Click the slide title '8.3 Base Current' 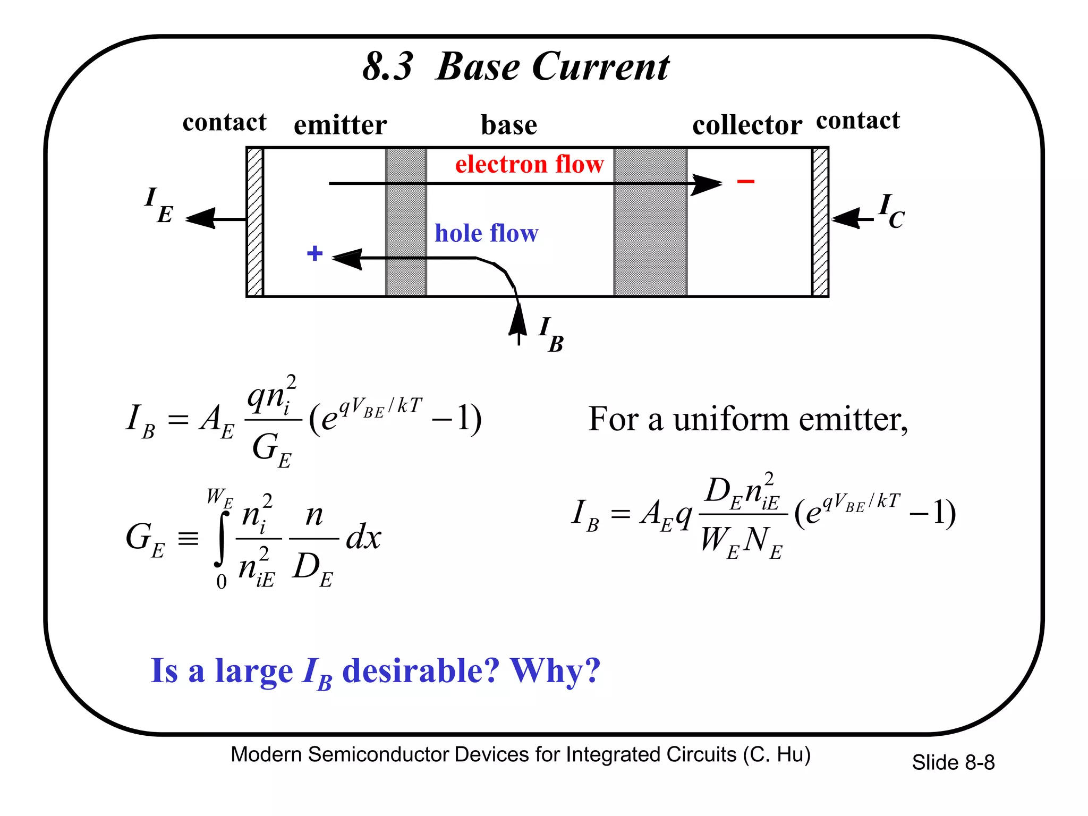pyautogui.click(x=515, y=67)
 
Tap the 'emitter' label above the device pyautogui.click(x=340, y=126)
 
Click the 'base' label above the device pyautogui.click(x=508, y=126)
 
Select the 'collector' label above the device pyautogui.click(x=746, y=126)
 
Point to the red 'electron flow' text pyautogui.click(x=529, y=164)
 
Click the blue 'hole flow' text pyautogui.click(x=486, y=233)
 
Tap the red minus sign pyautogui.click(x=745, y=182)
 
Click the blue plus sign pyautogui.click(x=314, y=253)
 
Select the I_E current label pyautogui.click(x=158, y=206)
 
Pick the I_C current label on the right pyautogui.click(x=891, y=211)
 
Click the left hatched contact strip pyautogui.click(x=255, y=222)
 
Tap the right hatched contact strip pyautogui.click(x=820, y=222)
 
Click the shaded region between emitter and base pyautogui.click(x=406, y=222)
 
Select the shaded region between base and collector pyautogui.click(x=650, y=222)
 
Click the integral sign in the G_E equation pyautogui.click(x=222, y=538)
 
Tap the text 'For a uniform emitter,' pyautogui.click(x=748, y=419)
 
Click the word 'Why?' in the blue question pyautogui.click(x=555, y=670)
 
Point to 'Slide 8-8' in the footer pyautogui.click(x=953, y=762)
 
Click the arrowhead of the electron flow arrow pyautogui.click(x=707, y=184)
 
